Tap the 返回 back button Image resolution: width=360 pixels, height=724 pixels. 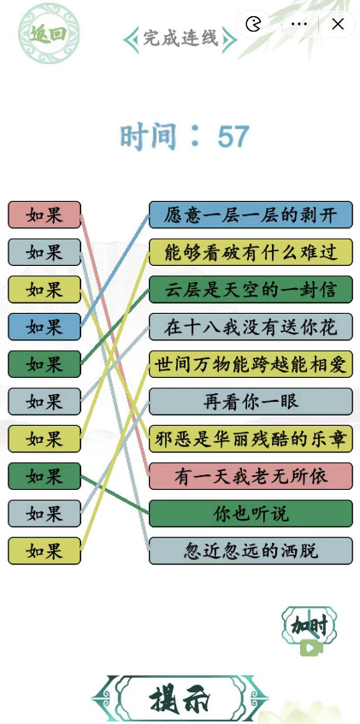(x=49, y=33)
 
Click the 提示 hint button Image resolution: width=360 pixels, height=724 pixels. (x=180, y=700)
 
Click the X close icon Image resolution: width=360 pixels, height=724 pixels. (x=338, y=24)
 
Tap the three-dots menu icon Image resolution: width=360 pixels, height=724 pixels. (x=299, y=24)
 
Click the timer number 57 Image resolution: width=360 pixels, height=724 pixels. (x=233, y=137)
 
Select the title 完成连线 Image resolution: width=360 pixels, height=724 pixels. (x=180, y=38)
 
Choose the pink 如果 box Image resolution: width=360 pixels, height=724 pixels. (x=44, y=215)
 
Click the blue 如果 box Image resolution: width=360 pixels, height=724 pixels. (x=44, y=327)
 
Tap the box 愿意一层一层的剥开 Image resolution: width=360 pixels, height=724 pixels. (x=251, y=215)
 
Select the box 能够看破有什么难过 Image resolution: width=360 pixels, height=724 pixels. (x=251, y=252)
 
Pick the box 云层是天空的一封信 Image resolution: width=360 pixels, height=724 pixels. (x=251, y=290)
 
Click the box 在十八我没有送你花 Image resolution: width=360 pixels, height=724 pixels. (x=251, y=327)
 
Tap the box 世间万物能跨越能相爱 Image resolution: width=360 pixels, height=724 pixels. (x=251, y=364)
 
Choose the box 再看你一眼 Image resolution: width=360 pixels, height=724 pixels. (x=251, y=402)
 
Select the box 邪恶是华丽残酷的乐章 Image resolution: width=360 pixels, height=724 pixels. (x=251, y=439)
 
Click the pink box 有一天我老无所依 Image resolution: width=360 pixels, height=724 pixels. (x=251, y=476)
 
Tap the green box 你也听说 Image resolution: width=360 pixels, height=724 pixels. (x=251, y=514)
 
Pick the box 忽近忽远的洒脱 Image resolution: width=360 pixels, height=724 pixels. (x=251, y=550)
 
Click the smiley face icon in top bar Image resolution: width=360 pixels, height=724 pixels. (x=253, y=24)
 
